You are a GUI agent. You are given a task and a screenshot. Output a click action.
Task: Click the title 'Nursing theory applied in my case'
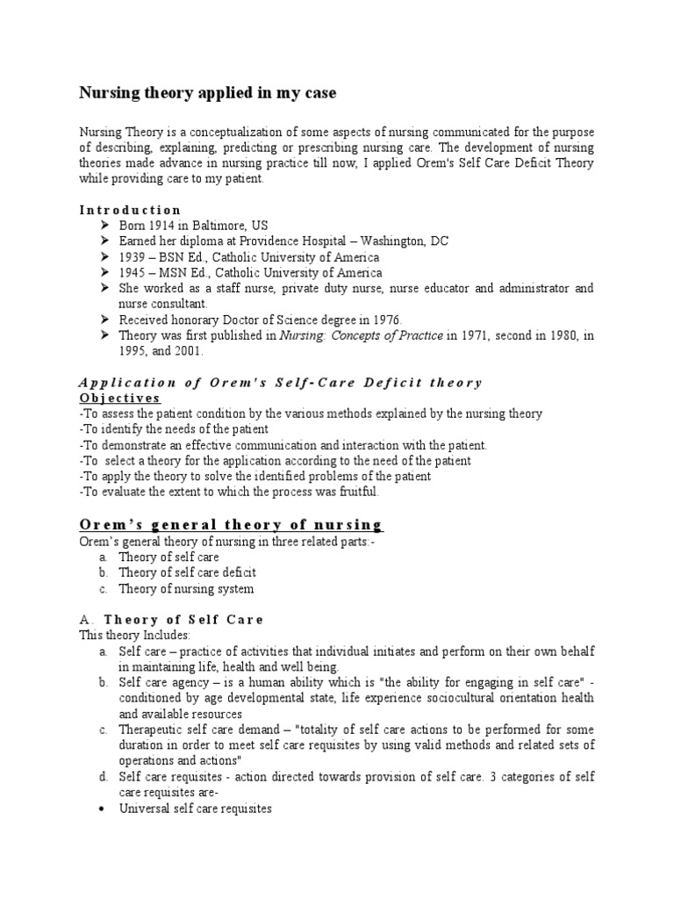(x=207, y=92)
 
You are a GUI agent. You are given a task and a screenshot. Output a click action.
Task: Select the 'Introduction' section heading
(x=130, y=210)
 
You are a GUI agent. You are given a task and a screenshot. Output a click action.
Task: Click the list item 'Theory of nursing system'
(x=186, y=588)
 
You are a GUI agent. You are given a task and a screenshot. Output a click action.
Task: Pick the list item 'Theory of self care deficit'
(x=187, y=572)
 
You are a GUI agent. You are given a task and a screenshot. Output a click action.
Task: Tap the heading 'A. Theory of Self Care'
(x=171, y=619)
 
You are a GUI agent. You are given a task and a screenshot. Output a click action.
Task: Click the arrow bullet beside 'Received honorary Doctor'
(x=105, y=320)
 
